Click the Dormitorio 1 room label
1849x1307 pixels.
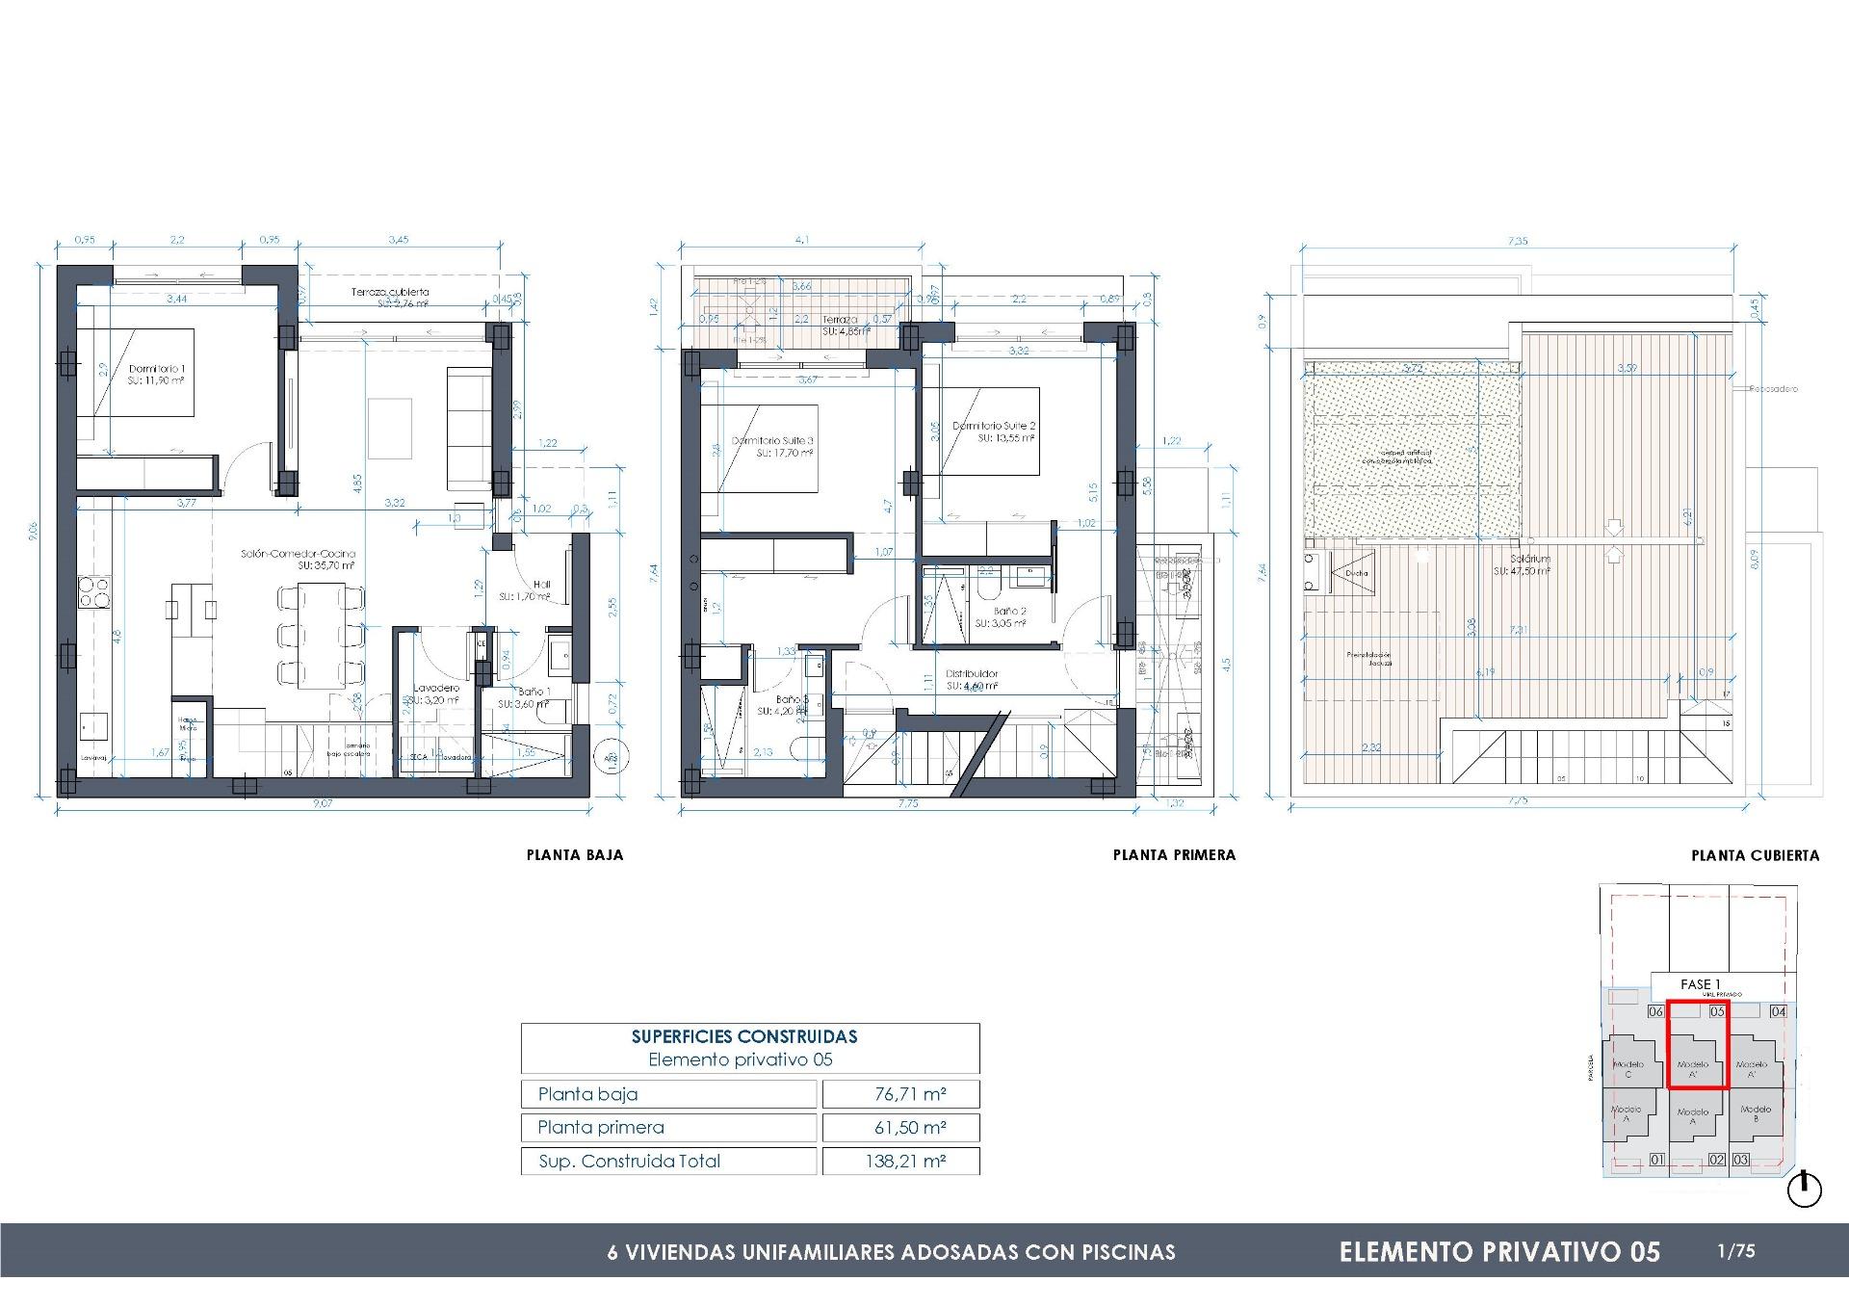(x=157, y=369)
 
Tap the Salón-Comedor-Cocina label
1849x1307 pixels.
(x=299, y=554)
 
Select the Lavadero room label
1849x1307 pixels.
(x=436, y=688)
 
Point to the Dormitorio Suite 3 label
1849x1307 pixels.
(x=773, y=440)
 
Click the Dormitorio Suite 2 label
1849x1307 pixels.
(x=994, y=426)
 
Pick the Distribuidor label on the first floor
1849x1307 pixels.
(x=972, y=674)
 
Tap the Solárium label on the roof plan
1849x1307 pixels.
(x=1530, y=559)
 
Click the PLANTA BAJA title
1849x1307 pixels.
(x=575, y=854)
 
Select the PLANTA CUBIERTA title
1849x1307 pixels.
(x=1755, y=855)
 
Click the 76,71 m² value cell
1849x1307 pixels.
(x=900, y=1094)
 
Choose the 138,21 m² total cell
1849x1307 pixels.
(x=900, y=1162)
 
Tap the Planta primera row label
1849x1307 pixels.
(x=601, y=1128)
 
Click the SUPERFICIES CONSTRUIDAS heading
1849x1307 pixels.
(x=744, y=1037)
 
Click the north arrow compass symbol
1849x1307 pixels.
(x=1805, y=1190)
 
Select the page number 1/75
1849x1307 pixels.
(x=1736, y=1252)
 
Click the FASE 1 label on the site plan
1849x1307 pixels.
(x=1700, y=984)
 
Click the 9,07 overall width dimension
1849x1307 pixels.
(x=322, y=803)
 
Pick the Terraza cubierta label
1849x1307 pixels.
(x=389, y=292)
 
